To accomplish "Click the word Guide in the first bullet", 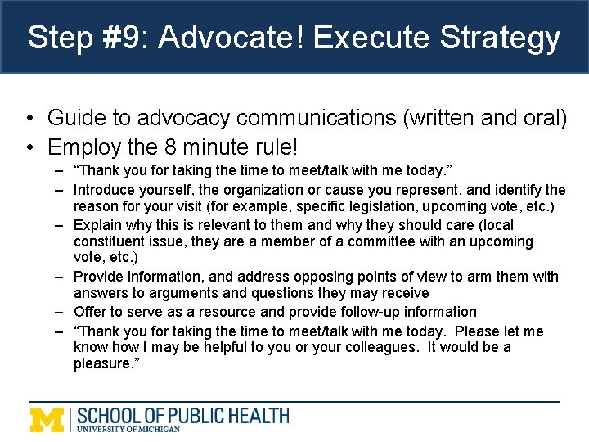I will [x=73, y=118].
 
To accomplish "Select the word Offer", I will [x=90, y=312].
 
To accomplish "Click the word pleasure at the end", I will [x=104, y=363].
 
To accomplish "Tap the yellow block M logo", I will [x=48, y=419].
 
